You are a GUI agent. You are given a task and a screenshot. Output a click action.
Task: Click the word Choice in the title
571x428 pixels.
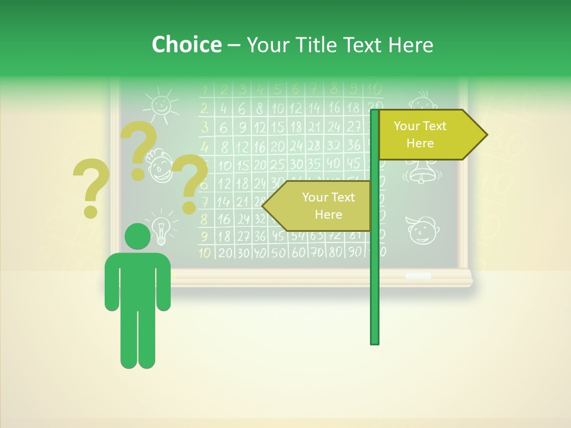click(186, 45)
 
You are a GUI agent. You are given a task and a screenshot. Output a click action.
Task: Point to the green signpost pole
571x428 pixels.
click(375, 285)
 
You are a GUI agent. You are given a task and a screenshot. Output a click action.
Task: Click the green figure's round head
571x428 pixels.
click(137, 236)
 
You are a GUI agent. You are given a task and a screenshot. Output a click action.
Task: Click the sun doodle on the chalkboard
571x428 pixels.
click(160, 104)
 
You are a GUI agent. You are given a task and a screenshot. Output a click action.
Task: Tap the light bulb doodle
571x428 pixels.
click(159, 228)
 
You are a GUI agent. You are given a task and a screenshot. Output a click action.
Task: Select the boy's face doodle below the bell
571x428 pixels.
click(421, 230)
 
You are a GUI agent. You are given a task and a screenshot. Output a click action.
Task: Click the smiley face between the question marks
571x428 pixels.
click(159, 166)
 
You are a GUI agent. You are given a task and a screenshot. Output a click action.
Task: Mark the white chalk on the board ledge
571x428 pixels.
click(418, 276)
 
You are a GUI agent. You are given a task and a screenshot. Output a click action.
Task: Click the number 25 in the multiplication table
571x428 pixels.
click(278, 165)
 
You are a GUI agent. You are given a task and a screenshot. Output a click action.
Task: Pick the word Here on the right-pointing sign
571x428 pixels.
click(420, 143)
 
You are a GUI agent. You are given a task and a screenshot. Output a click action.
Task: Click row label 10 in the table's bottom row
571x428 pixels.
click(205, 253)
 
